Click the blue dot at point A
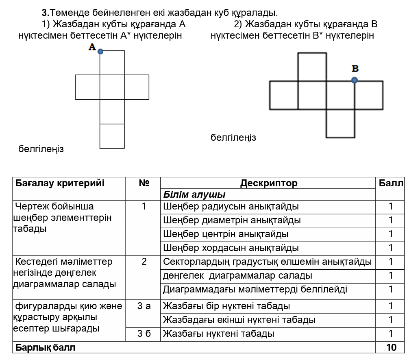[100, 52]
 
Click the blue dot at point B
[355, 81]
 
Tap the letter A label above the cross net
[92, 48]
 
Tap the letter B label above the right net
[355, 69]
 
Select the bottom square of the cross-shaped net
[112, 136]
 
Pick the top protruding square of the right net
[312, 67]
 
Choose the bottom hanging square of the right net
[340, 123]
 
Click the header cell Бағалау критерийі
[60, 183]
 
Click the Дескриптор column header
[268, 183]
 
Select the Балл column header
[391, 183]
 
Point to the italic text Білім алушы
[194, 194]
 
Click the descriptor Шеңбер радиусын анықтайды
[231, 206]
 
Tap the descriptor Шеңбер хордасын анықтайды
[231, 248]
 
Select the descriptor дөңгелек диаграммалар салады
[237, 275]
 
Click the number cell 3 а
[144, 306]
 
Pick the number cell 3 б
[144, 334]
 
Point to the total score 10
[391, 347]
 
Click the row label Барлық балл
[46, 347]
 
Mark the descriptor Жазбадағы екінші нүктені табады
[239, 320]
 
